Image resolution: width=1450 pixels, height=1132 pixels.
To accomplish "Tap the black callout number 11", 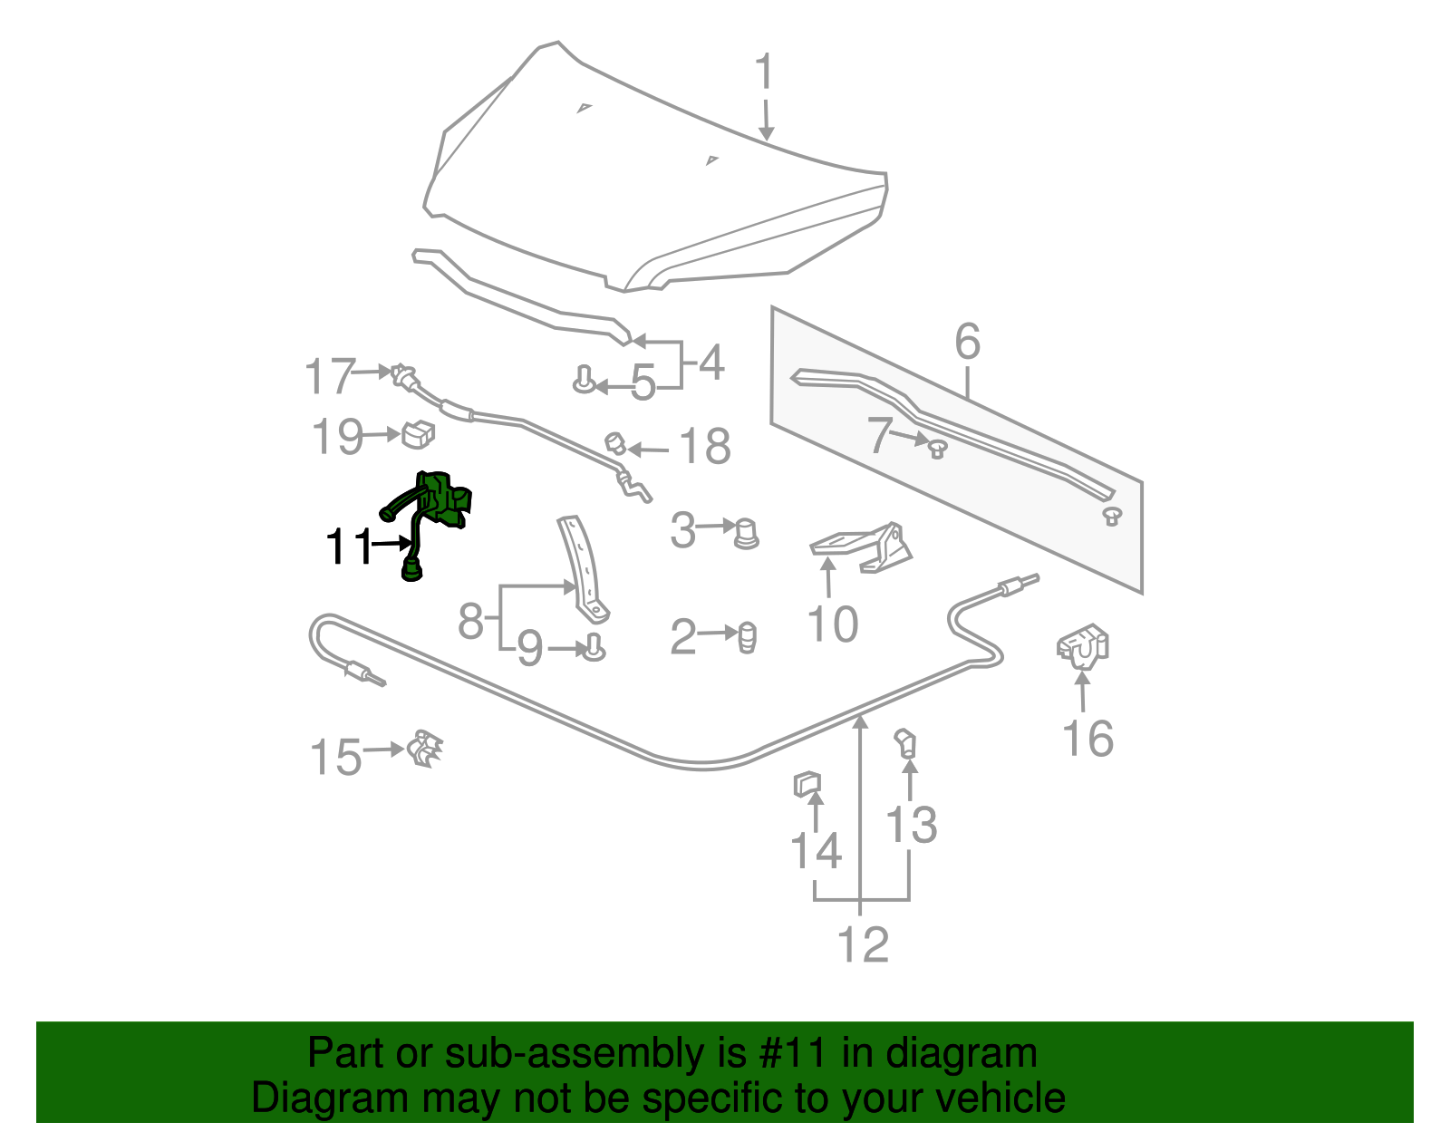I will click(x=350, y=547).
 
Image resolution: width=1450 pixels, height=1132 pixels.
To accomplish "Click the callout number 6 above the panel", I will click(x=967, y=342).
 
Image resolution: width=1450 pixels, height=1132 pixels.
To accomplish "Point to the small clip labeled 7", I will click(x=937, y=447).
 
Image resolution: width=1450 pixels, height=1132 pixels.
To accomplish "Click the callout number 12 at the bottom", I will click(x=863, y=944).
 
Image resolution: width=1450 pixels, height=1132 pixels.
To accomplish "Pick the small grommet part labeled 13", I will click(x=906, y=744).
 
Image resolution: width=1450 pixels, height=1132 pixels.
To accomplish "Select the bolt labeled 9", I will click(x=594, y=648).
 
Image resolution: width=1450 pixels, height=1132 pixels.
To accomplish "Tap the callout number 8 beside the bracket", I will click(x=470, y=622).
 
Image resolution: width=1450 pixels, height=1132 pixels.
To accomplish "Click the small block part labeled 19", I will click(x=418, y=434).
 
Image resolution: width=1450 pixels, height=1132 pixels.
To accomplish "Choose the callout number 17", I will click(x=329, y=375).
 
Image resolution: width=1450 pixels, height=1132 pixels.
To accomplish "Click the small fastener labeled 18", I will click(x=615, y=443).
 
